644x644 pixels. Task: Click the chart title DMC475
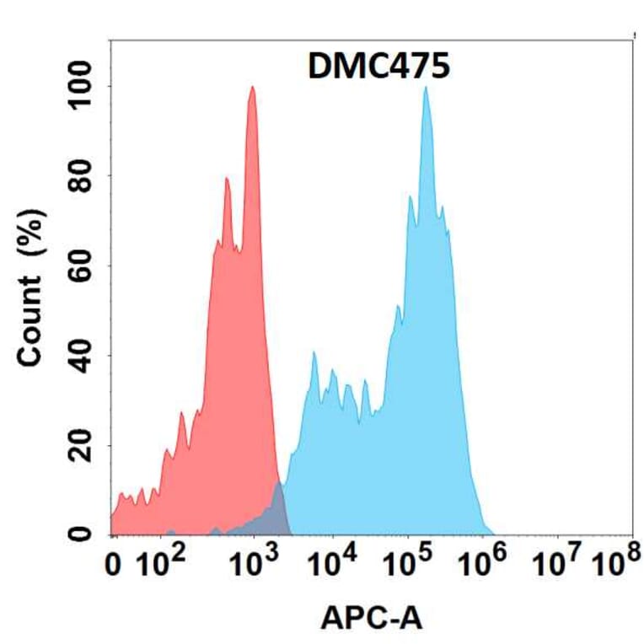[x=378, y=67]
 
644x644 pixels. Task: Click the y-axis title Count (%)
[x=32, y=299]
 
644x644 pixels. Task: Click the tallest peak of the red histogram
[x=252, y=89]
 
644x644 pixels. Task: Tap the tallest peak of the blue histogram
[x=426, y=89]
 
